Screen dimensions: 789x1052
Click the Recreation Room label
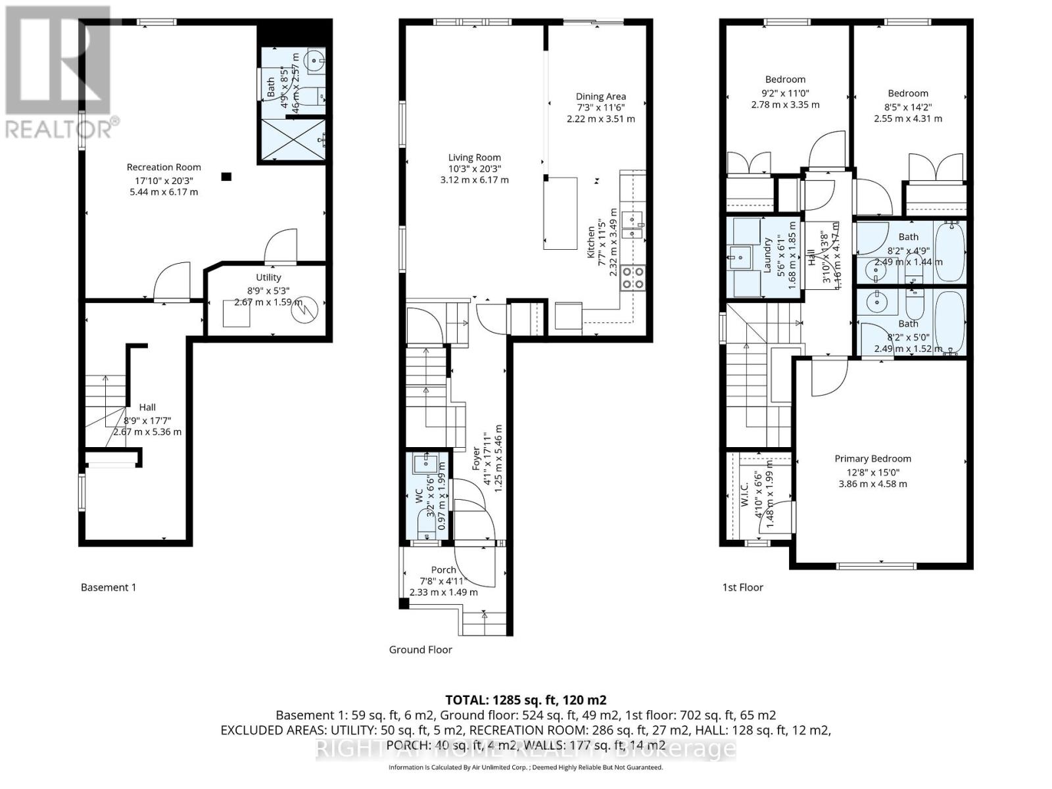(x=164, y=167)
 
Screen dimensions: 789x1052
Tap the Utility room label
(x=268, y=277)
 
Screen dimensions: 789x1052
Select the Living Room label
(x=474, y=157)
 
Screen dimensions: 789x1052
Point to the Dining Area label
(x=600, y=97)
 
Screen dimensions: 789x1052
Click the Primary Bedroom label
(x=873, y=459)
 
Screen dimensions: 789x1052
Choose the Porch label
(x=444, y=570)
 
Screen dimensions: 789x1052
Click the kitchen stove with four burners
(x=633, y=277)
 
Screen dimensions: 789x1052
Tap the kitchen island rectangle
(x=560, y=213)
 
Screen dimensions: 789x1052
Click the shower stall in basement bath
(x=293, y=139)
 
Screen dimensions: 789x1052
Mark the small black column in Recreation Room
(x=226, y=176)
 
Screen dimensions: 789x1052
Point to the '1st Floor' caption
(x=742, y=587)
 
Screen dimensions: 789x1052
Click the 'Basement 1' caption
(x=108, y=587)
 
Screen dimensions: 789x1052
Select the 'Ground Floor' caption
(x=420, y=650)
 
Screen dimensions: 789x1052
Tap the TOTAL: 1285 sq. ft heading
(x=525, y=700)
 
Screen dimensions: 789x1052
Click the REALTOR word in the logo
(x=59, y=128)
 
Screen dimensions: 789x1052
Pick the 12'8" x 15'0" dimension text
(x=873, y=472)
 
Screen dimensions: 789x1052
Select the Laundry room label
(x=767, y=255)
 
